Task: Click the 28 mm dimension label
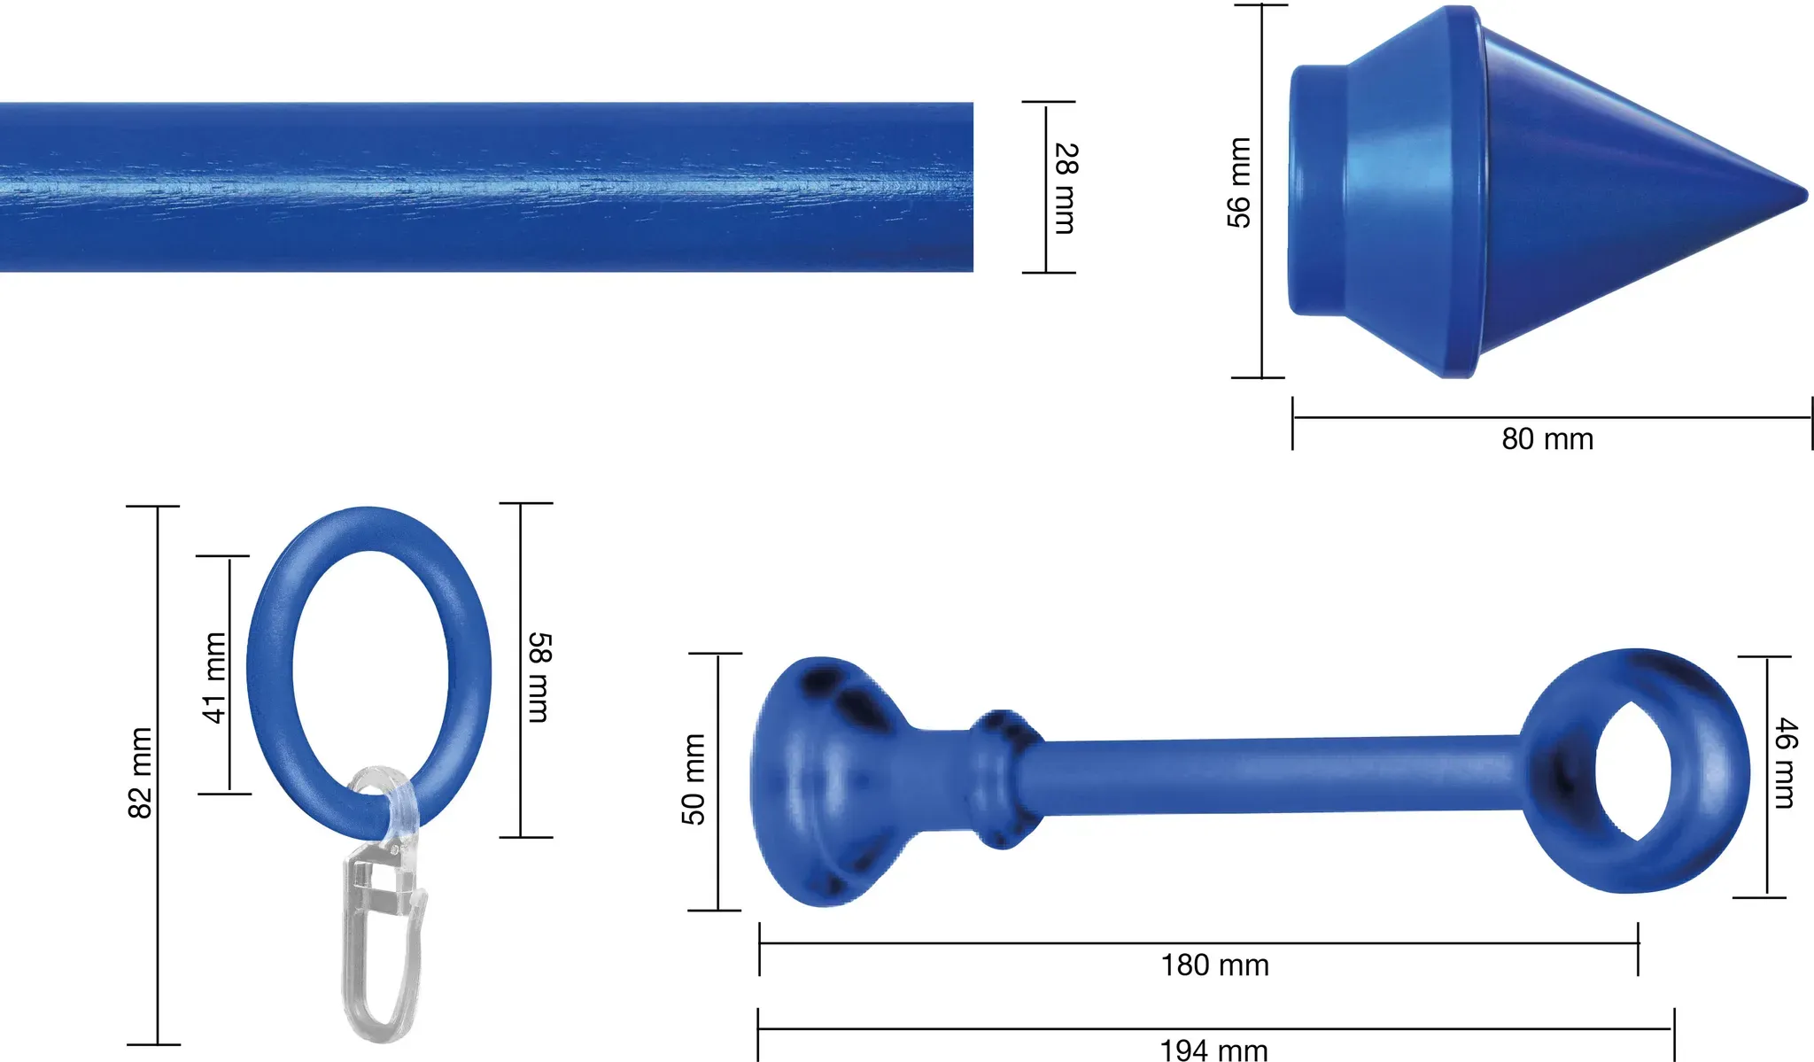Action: pos(1066,188)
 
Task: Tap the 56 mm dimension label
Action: pos(1239,182)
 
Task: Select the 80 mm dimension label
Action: pos(1547,438)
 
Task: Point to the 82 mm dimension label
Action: pos(141,772)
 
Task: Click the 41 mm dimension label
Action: pos(213,678)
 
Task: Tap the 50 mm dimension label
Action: pos(694,779)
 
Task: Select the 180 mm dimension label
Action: pos(1214,965)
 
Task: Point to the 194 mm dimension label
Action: pos(1213,1050)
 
